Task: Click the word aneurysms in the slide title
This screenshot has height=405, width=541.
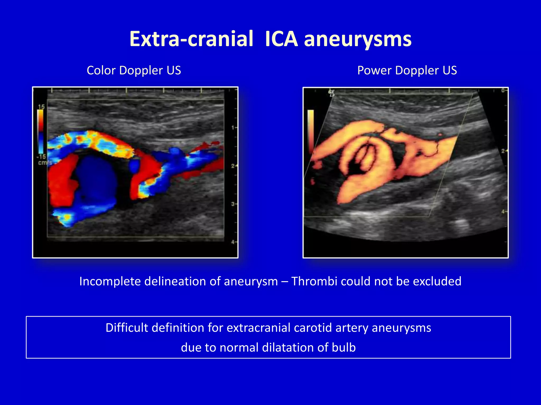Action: point(358,39)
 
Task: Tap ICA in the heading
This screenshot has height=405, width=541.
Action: point(281,39)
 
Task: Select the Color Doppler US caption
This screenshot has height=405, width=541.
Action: point(134,70)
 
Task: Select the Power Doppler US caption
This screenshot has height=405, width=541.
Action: point(407,70)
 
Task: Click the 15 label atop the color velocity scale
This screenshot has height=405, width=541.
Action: point(41,107)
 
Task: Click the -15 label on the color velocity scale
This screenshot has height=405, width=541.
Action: point(41,157)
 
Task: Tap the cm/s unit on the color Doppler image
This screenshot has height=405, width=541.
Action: point(45,163)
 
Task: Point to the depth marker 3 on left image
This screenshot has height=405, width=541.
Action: point(233,204)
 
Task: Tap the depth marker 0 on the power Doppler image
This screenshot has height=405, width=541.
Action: point(503,90)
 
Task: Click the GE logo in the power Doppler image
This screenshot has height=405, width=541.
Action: point(332,93)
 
